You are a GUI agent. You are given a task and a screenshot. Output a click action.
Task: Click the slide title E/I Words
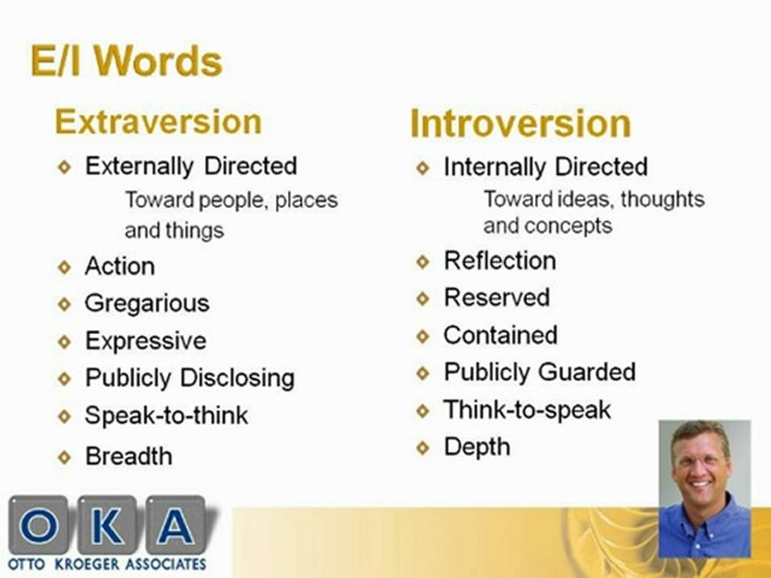pyautogui.click(x=126, y=62)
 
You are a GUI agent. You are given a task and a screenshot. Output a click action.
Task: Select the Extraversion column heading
pyautogui.click(x=158, y=122)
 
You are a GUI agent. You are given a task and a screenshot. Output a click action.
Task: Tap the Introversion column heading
pyautogui.click(x=520, y=124)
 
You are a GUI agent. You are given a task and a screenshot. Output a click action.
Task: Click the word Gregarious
pyautogui.click(x=147, y=303)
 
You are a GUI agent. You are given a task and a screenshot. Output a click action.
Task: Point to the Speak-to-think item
pyautogui.click(x=166, y=416)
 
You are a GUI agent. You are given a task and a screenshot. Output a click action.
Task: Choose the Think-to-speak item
pyautogui.click(x=527, y=410)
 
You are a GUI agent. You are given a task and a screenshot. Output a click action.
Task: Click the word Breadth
pyautogui.click(x=128, y=456)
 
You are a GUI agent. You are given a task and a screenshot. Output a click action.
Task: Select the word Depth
pyautogui.click(x=476, y=447)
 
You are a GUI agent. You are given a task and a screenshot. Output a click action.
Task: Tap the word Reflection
pyautogui.click(x=500, y=261)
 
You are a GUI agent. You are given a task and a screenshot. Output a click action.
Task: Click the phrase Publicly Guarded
pyautogui.click(x=539, y=372)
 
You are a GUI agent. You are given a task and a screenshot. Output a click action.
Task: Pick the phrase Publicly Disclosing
pyautogui.click(x=190, y=378)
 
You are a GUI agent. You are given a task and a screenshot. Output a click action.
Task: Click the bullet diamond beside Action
pyautogui.click(x=65, y=267)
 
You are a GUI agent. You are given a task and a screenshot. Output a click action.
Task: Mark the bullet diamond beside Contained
pyautogui.click(x=423, y=336)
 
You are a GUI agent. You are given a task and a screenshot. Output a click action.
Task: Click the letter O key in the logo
pyautogui.click(x=38, y=527)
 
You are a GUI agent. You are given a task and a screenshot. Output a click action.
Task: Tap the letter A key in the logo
pyautogui.click(x=174, y=527)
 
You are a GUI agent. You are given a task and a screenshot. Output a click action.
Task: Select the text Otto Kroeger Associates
pyautogui.click(x=108, y=564)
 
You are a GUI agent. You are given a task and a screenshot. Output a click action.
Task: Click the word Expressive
pyautogui.click(x=145, y=341)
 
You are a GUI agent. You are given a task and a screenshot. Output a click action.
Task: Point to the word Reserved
pyautogui.click(x=496, y=298)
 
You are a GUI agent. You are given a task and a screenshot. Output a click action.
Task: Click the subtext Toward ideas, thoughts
pyautogui.click(x=594, y=199)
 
